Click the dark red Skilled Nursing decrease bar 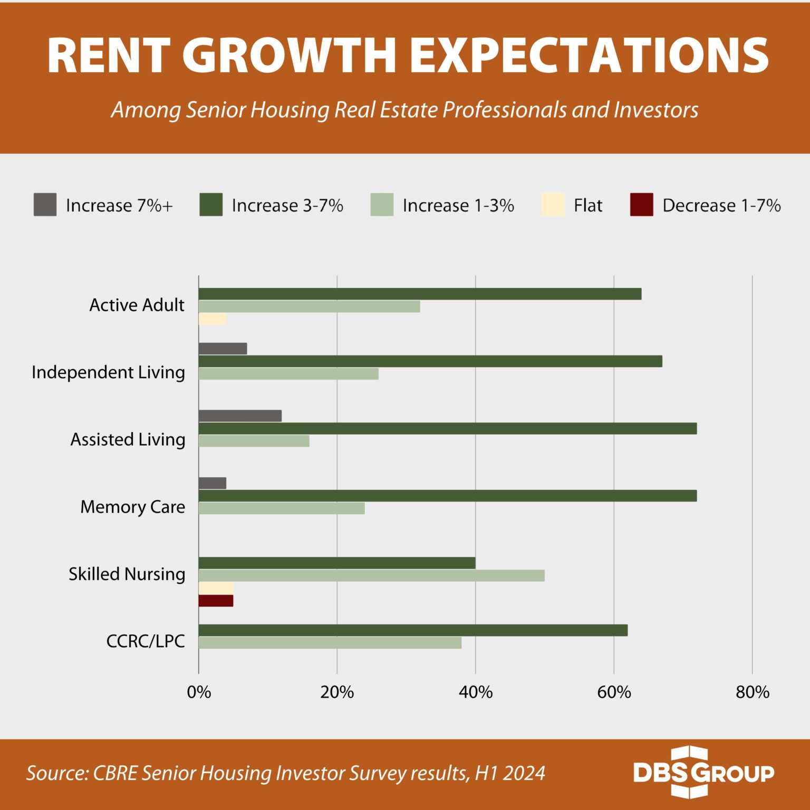point(216,601)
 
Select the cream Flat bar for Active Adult point(212,319)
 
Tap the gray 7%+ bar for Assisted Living point(240,416)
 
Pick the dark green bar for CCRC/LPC point(413,630)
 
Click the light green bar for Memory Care point(282,508)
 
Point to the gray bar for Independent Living point(223,349)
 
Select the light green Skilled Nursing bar point(371,575)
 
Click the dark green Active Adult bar point(420,294)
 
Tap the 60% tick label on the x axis point(614,692)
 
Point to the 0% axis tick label point(199,692)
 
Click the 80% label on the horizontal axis point(753,692)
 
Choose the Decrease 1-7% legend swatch point(641,205)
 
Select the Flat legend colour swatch point(553,205)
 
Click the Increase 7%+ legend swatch point(45,205)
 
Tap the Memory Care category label point(132,507)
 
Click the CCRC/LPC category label point(146,641)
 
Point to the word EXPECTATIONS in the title point(589,55)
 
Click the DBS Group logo point(703,773)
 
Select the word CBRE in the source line point(115,773)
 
